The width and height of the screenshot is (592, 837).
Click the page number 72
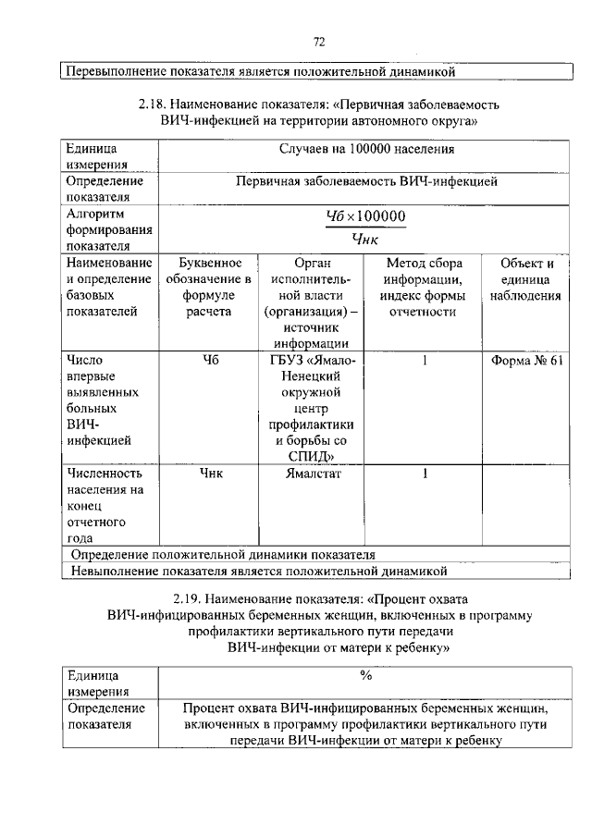[x=319, y=41]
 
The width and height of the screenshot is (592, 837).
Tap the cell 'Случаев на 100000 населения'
[x=366, y=148]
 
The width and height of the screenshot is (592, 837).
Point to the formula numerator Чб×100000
[x=366, y=216]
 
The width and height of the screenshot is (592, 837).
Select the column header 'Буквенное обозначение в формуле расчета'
[x=208, y=288]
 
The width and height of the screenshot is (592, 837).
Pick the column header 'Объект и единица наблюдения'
[x=526, y=280]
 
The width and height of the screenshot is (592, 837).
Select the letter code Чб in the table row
[x=209, y=361]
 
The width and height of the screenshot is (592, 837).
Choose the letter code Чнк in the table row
[x=209, y=474]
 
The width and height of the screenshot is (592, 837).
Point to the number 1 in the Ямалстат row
[x=424, y=474]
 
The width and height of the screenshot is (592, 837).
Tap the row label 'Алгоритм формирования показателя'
[x=96, y=229]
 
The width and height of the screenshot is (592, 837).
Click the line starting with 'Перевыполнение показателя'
[x=259, y=70]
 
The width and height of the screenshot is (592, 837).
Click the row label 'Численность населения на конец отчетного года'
[x=103, y=505]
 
